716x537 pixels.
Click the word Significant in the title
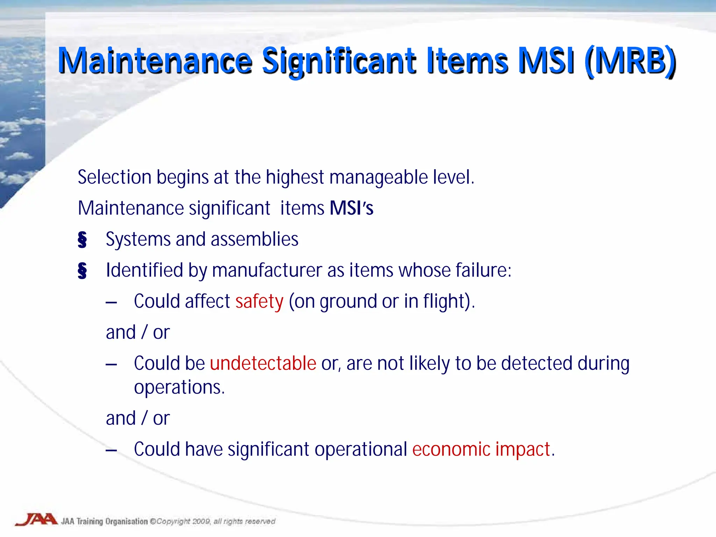pyautogui.click(x=339, y=62)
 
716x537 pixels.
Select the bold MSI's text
pyautogui.click(x=351, y=208)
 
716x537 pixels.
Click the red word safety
pyautogui.click(x=259, y=301)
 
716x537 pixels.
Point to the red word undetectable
pyautogui.click(x=263, y=363)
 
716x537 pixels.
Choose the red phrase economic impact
pyautogui.click(x=481, y=449)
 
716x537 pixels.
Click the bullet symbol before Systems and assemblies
pyautogui.click(x=82, y=240)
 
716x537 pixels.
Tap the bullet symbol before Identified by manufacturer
pyautogui.click(x=82, y=271)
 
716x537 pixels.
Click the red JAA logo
pyautogui.click(x=36, y=520)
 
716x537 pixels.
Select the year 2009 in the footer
pyautogui.click(x=201, y=522)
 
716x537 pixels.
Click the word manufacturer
pyautogui.click(x=267, y=271)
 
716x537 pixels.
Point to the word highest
pyautogui.click(x=295, y=177)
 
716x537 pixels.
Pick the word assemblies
pyautogui.click(x=255, y=239)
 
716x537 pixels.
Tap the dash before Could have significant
pyautogui.click(x=111, y=450)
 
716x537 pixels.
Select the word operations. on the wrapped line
pyautogui.click(x=179, y=387)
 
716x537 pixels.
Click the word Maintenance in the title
pyautogui.click(x=155, y=62)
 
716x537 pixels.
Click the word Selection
pyautogui.click(x=114, y=177)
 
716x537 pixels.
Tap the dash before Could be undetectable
pyautogui.click(x=111, y=364)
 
